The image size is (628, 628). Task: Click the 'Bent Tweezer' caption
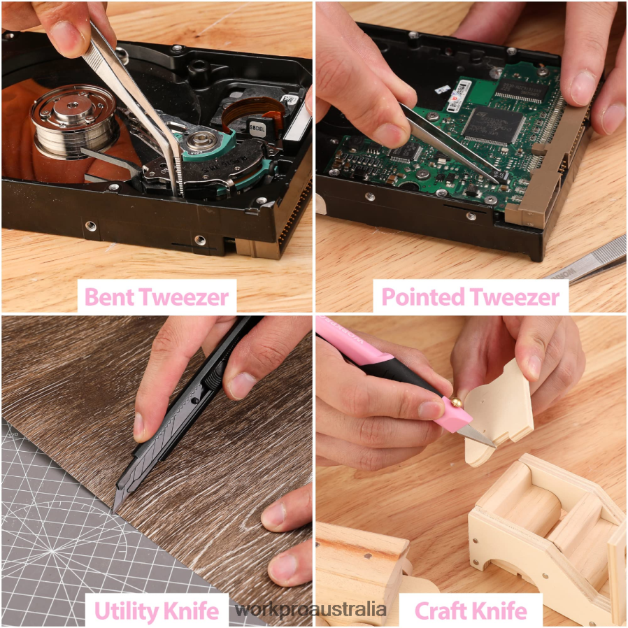tap(157, 297)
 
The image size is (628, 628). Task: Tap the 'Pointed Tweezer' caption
tap(471, 297)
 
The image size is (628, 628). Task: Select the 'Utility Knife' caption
tap(157, 611)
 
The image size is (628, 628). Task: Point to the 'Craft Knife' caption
tap(471, 611)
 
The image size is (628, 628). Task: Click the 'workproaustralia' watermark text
tap(311, 610)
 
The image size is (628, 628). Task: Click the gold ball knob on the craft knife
tap(457, 401)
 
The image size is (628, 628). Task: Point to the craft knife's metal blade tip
tap(494, 445)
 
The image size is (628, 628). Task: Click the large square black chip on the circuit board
tap(494, 125)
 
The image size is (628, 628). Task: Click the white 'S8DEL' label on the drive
tap(257, 129)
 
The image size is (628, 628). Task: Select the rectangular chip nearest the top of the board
tap(522, 90)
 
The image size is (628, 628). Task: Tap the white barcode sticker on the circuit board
tap(459, 96)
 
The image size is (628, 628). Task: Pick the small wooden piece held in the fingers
tap(499, 412)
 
